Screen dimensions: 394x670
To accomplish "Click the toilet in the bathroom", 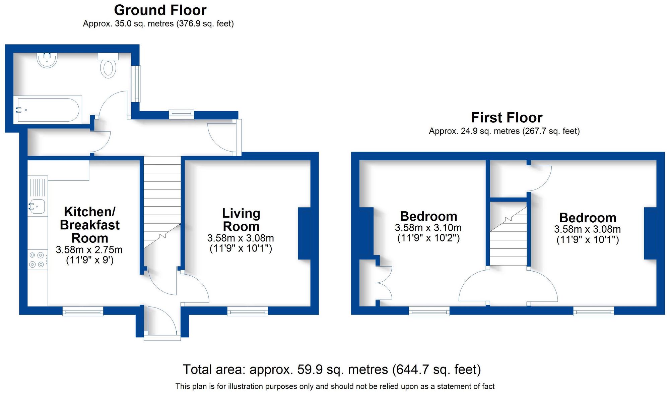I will [108, 67].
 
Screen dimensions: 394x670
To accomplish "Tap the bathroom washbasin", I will [47, 60].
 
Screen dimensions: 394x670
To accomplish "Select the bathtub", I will [48, 110].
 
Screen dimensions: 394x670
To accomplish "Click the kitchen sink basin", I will [38, 206].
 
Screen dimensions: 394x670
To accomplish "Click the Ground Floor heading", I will [160, 10].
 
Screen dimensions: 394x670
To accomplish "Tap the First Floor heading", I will [507, 118].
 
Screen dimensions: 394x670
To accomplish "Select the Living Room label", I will [241, 220].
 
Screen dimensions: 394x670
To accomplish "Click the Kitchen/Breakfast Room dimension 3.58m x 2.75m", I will [89, 250].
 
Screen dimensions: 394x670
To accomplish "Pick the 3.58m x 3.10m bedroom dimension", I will [428, 228].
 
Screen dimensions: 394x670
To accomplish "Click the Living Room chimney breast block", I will [304, 234].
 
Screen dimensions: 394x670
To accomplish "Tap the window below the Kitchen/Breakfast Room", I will [83, 312].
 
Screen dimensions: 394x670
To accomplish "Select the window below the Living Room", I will [248, 312].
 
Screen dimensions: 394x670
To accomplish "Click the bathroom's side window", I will [137, 84].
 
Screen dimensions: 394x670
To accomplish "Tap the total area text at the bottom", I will [332, 370].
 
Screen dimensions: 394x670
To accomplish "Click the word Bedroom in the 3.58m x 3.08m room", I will [588, 218].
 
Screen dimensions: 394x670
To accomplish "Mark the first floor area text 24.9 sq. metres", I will [504, 131].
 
